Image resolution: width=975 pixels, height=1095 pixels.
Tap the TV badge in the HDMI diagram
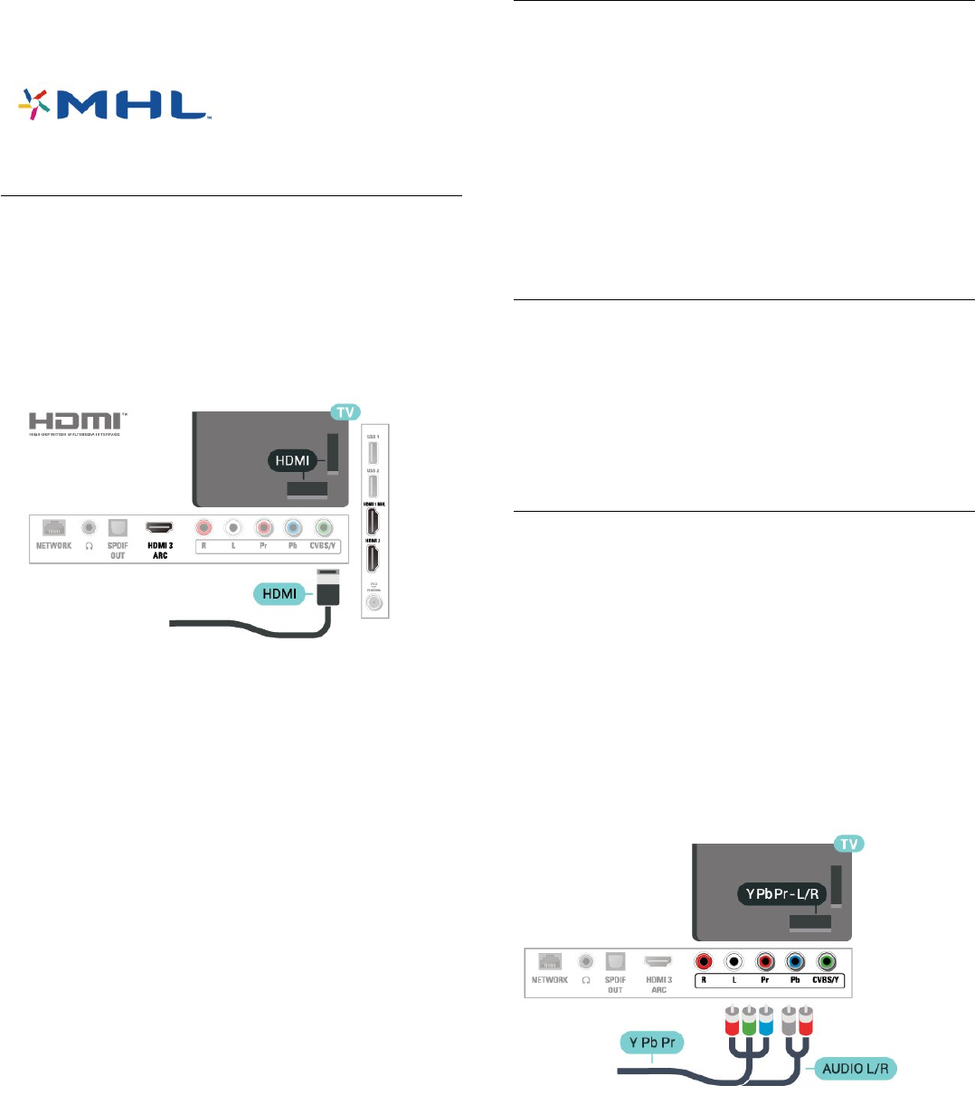click(345, 412)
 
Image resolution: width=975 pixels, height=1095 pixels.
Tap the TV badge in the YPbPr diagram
click(848, 844)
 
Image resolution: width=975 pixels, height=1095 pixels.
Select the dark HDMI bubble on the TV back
click(290, 461)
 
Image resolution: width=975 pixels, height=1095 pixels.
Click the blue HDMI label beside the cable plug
click(279, 593)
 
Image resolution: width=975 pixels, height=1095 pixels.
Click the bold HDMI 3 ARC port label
click(160, 550)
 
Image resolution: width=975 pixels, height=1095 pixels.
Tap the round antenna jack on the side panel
click(373, 602)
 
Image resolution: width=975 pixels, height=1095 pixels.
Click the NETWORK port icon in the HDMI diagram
click(54, 527)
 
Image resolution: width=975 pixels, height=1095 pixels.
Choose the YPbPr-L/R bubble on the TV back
click(781, 894)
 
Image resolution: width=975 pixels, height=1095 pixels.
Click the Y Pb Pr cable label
click(652, 1043)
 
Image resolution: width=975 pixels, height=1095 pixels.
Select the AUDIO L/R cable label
click(855, 1069)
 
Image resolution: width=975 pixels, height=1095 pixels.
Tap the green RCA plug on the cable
click(749, 1019)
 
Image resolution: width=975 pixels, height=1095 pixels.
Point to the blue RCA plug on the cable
click(765, 1019)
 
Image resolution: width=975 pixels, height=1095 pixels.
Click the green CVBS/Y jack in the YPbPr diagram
click(826, 962)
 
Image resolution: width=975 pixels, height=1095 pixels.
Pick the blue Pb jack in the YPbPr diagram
click(795, 962)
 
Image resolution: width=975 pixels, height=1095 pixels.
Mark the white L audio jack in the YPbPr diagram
click(734, 962)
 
